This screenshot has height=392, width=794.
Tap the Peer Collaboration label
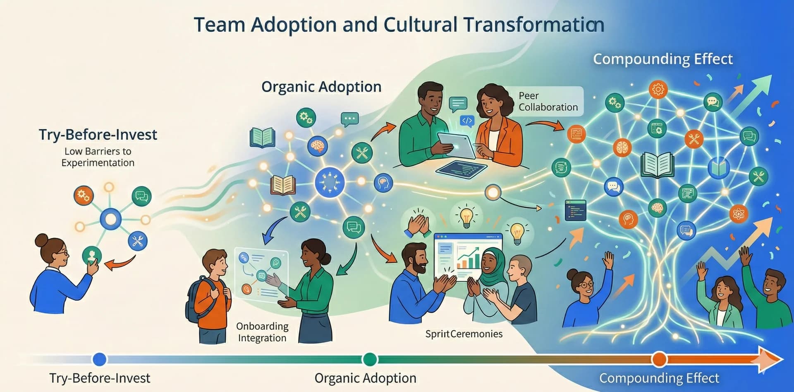[548, 102]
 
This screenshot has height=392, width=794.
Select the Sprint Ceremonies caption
[464, 334]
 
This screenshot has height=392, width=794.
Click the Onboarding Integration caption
[262, 332]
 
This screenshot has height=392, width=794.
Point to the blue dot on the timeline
[99, 359]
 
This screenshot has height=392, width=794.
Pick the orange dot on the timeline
[659, 359]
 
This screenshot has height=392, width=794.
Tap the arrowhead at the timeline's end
[770, 359]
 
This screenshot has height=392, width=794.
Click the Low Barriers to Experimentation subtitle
[98, 157]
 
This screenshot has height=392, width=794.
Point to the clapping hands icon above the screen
[418, 226]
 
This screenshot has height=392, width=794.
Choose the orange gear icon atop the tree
[658, 89]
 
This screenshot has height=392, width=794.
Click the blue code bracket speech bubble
[467, 121]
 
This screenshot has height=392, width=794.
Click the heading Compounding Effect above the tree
[662, 59]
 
